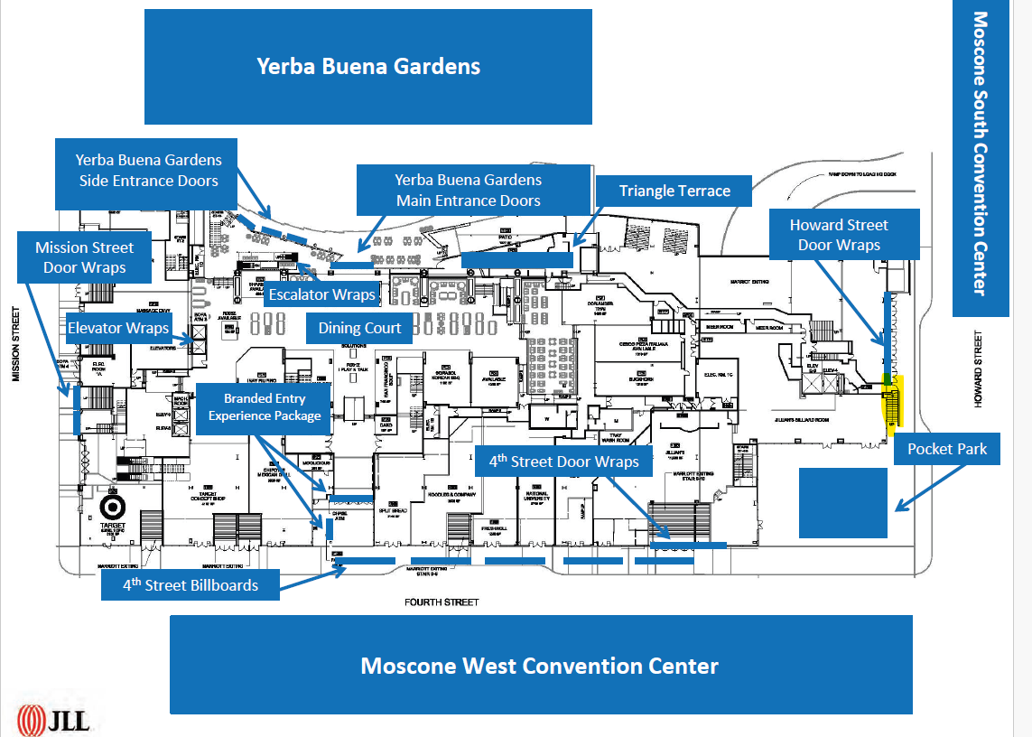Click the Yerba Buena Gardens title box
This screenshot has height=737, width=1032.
click(x=367, y=67)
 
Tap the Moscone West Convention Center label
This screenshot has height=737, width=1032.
click(x=540, y=666)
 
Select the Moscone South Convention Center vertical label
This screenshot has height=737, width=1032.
click(x=981, y=154)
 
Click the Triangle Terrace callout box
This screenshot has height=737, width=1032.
click(x=674, y=191)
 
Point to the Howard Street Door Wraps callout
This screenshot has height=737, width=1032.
click(x=839, y=235)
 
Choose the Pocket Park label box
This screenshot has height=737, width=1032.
click(x=947, y=449)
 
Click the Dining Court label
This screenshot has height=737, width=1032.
click(x=359, y=328)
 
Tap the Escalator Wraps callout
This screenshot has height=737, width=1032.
click(x=321, y=294)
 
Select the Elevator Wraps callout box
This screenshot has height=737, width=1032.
click(x=118, y=328)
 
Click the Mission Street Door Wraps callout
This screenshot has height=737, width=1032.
click(x=85, y=257)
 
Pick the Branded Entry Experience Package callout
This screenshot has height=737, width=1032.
click(x=265, y=406)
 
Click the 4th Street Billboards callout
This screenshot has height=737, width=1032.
click(x=191, y=585)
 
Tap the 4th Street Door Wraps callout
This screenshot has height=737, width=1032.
click(x=563, y=462)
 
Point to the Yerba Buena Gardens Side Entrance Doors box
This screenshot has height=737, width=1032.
click(x=148, y=170)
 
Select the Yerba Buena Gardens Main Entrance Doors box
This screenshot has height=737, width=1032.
click(x=468, y=190)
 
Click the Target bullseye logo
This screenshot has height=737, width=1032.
click(x=115, y=507)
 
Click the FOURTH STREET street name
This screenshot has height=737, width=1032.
click(x=442, y=602)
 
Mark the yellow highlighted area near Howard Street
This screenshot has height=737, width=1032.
click(x=892, y=406)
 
